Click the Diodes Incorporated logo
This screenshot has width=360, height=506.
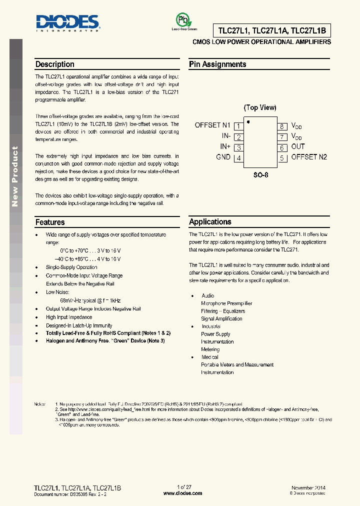(x=66, y=22)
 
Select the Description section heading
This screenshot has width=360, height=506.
(x=54, y=64)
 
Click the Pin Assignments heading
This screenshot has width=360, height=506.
(x=217, y=64)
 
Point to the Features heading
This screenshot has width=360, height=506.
(x=50, y=222)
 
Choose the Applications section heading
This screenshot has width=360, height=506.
(x=210, y=222)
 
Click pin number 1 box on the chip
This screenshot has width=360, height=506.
(x=238, y=126)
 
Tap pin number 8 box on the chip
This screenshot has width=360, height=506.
(x=282, y=126)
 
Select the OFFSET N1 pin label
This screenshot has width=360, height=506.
(x=212, y=125)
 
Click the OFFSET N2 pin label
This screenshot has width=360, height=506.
(x=309, y=157)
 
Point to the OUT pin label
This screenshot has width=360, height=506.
(x=298, y=147)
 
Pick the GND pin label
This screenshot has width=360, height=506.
(x=223, y=157)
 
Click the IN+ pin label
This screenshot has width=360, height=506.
(x=225, y=147)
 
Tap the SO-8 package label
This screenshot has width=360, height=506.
(x=260, y=175)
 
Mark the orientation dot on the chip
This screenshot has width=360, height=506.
(x=248, y=121)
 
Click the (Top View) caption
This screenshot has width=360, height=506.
(x=260, y=107)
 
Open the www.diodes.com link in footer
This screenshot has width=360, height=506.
(x=183, y=493)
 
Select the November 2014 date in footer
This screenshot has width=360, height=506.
(x=308, y=487)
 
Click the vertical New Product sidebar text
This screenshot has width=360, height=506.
(x=15, y=176)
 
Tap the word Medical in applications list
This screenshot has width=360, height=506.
(x=210, y=357)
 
